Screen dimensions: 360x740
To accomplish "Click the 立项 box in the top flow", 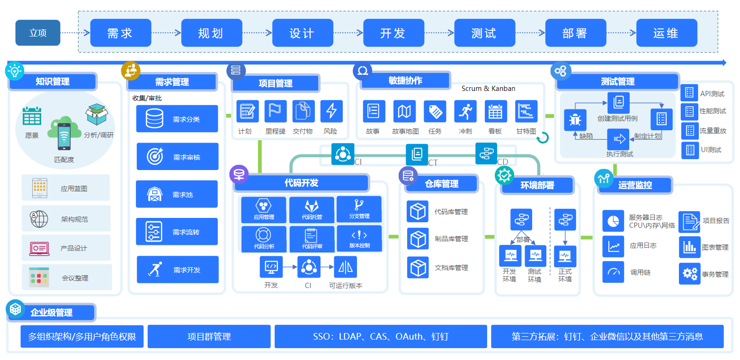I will pyautogui.click(x=38, y=33).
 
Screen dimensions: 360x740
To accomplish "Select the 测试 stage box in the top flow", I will pyautogui.click(x=484, y=33).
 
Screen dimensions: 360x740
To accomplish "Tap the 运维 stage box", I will pyautogui.click(x=666, y=33).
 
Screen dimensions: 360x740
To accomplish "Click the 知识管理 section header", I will pyautogui.click(x=53, y=81).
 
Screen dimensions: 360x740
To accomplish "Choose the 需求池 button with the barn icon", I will pyautogui.click(x=177, y=194).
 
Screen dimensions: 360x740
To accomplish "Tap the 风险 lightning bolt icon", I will pyautogui.click(x=331, y=111).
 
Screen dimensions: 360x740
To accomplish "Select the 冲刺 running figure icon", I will pyautogui.click(x=465, y=111).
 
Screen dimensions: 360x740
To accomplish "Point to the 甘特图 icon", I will pyautogui.click(x=526, y=111).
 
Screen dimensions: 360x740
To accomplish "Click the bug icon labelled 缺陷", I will pyautogui.click(x=575, y=120).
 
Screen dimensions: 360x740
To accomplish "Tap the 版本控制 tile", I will pyautogui.click(x=359, y=238).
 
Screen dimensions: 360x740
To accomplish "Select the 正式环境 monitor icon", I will pyautogui.click(x=565, y=256).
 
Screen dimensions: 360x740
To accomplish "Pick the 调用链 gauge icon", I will pyautogui.click(x=613, y=272).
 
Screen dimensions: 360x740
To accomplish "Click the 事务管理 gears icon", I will pyautogui.click(x=689, y=273).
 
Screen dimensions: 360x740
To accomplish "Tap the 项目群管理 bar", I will pyautogui.click(x=209, y=337).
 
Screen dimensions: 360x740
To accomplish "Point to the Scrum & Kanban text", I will pyautogui.click(x=488, y=89).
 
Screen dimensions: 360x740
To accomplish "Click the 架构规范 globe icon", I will pyautogui.click(x=39, y=218).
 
